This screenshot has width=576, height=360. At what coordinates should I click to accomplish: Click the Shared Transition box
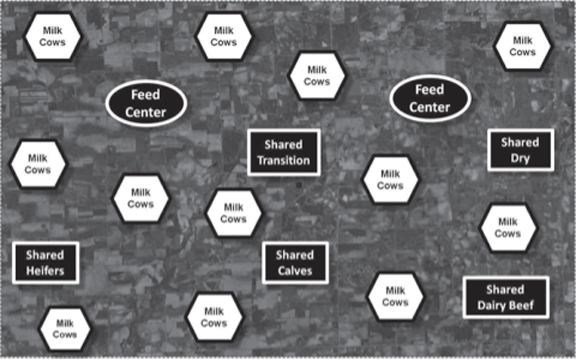284,152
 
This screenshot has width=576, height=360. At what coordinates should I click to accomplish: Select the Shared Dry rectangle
521,150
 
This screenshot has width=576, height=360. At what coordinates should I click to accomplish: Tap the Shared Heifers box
46,263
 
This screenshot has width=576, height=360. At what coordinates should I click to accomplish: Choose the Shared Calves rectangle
295,263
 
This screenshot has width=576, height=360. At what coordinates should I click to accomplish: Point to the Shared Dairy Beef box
506,297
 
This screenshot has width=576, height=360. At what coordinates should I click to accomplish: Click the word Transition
284,161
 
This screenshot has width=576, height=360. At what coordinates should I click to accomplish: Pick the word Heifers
45,271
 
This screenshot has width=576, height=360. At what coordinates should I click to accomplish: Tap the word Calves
295,271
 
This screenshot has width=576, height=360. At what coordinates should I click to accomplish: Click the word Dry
520,159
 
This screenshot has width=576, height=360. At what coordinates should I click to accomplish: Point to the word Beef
522,305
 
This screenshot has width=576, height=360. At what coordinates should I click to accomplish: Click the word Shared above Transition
284,144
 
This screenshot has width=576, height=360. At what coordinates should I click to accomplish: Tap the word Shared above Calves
295,255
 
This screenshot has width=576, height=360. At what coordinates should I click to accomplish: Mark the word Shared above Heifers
45,255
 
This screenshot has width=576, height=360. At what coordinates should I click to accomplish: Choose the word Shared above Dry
520,142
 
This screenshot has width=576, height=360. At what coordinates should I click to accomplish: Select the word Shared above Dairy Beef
505,289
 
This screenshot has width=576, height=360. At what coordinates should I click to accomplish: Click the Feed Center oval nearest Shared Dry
430,98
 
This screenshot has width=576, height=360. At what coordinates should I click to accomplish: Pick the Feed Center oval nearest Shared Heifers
146,104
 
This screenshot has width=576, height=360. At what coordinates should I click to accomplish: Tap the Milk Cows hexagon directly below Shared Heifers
65,329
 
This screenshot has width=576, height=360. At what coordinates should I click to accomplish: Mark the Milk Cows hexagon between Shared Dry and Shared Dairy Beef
508,228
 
